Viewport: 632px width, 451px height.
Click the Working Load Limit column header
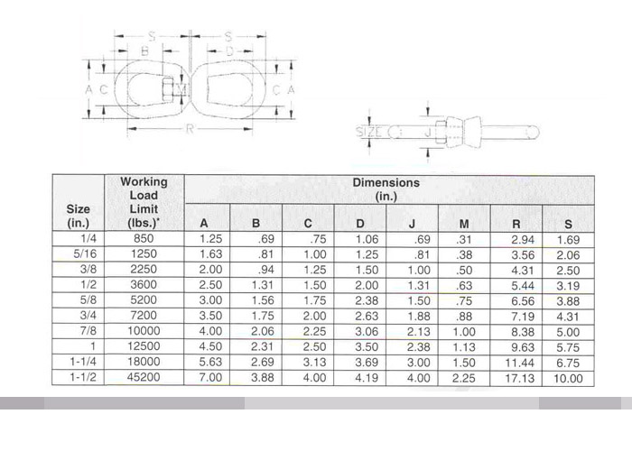point(144,203)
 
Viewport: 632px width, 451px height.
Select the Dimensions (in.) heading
point(386,189)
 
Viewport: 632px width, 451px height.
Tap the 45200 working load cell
point(144,377)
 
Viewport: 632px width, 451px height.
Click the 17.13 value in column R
point(519,378)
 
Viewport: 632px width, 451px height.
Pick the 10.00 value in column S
point(568,379)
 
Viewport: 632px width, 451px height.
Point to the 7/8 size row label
point(88,331)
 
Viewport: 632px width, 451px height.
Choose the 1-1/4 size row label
point(83,362)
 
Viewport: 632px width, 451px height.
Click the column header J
point(412,224)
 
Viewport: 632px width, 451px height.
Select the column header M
point(464,224)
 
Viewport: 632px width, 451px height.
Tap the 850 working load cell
point(144,238)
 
